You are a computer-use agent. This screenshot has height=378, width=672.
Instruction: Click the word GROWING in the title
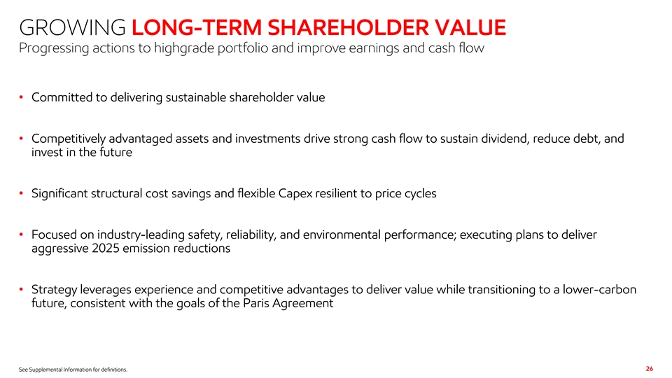pos(72,27)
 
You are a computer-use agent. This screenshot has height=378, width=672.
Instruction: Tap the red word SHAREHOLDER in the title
pos(349,27)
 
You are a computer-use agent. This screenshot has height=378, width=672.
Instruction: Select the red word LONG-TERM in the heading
pos(197,27)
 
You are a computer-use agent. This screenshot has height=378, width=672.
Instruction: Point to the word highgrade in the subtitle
pos(184,48)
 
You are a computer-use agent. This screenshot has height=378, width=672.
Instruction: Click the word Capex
pos(295,194)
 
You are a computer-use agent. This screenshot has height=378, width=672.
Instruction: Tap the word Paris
pos(256,303)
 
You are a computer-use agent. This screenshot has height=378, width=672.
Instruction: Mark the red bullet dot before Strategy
pos(21,290)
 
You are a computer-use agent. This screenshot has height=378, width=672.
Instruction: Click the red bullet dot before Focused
pos(21,235)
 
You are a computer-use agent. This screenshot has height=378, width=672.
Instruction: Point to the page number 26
pos(650,369)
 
